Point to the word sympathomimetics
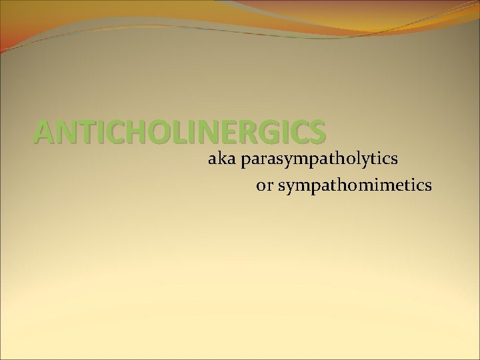(x=354, y=186)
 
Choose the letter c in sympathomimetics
(x=418, y=186)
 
